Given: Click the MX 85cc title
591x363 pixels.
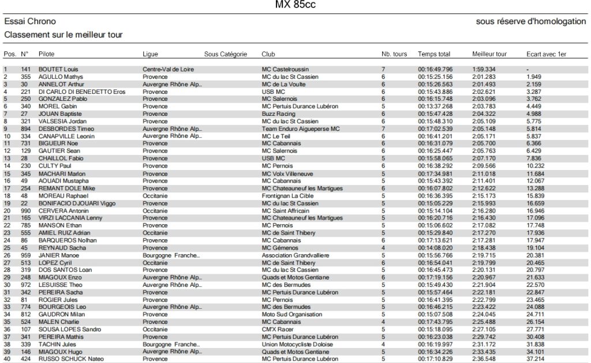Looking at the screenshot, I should [x=295, y=6].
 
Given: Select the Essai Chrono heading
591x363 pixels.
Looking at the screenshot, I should [x=27, y=21].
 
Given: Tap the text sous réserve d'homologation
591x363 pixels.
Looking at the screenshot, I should [x=530, y=21].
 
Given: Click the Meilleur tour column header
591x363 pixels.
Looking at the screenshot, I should [x=489, y=54].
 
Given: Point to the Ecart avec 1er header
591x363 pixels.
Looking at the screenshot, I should [x=546, y=54].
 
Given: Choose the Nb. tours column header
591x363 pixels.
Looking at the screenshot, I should [x=394, y=54].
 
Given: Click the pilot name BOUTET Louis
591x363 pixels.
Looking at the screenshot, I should [x=58, y=69].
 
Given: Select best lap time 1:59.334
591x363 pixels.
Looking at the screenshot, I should [x=484, y=69].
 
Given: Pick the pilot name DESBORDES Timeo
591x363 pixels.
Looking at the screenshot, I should [x=66, y=129].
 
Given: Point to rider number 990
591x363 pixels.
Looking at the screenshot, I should [x=25, y=211].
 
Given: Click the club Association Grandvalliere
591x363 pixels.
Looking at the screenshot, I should [x=295, y=255].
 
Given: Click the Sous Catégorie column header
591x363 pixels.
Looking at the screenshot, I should [x=226, y=54].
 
